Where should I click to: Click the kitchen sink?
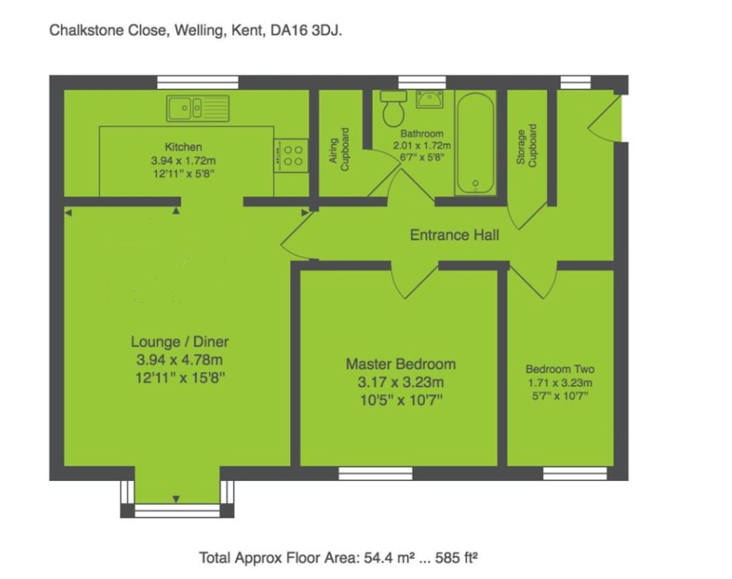point(198,108)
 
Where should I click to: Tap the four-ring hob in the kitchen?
point(292,156)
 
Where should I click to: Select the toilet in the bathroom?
point(394,110)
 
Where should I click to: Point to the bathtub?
point(475,143)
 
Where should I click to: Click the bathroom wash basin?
point(430,99)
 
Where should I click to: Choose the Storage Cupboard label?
point(528,146)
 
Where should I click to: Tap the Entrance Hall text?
point(454,235)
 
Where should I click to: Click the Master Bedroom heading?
point(400,365)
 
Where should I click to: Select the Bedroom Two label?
point(560,368)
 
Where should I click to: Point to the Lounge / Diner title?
point(179,342)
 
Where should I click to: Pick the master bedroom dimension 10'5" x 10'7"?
point(400,400)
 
